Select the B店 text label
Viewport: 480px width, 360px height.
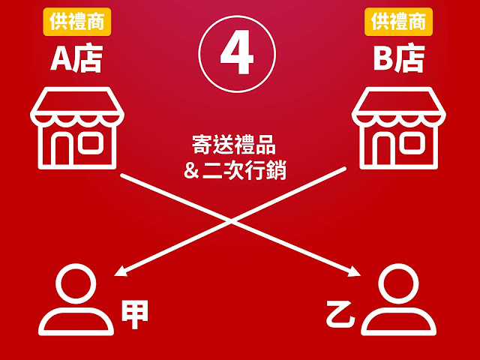400,60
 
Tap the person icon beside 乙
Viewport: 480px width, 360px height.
397,300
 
